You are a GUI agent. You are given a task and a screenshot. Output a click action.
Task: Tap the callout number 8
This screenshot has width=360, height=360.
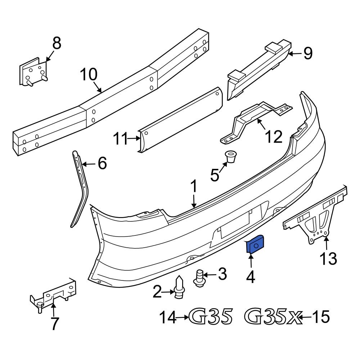coord(57,44)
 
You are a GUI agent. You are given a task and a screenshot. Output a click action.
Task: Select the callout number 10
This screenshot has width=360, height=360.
coord(89,75)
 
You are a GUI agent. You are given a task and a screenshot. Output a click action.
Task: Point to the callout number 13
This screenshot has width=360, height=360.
coord(328,258)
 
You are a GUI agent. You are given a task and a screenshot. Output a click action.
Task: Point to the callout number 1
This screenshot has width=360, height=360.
coord(194,187)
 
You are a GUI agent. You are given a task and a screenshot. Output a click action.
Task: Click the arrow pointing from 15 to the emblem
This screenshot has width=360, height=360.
coord(306,317)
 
